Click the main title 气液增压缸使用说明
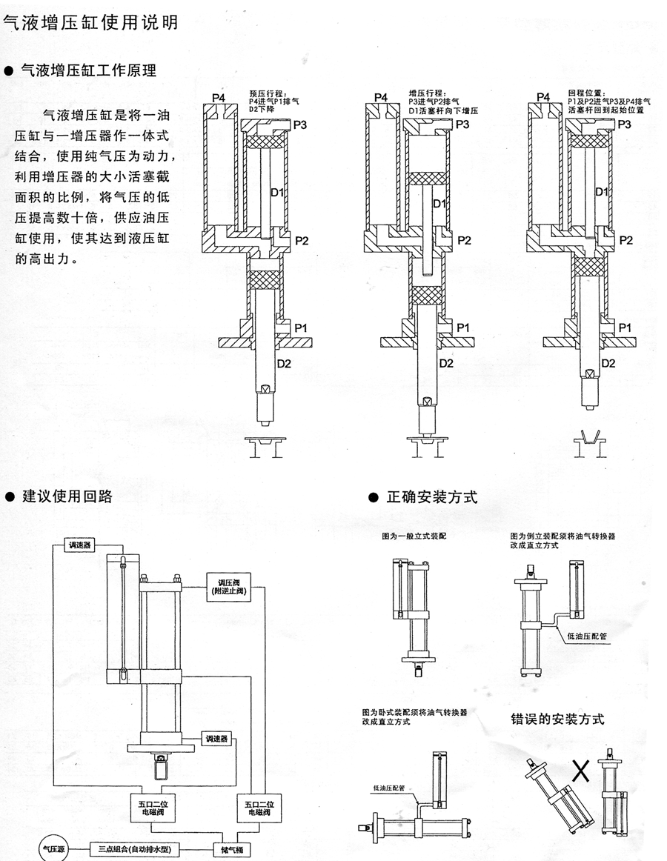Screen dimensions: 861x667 click(90, 23)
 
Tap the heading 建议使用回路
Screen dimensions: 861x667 click(67, 496)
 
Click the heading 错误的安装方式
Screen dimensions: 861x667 click(557, 718)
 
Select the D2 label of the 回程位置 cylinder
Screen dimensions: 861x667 click(608, 363)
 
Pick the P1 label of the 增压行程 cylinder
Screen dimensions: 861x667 click(462, 327)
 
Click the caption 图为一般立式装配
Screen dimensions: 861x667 click(408, 533)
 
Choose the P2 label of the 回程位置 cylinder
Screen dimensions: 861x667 click(625, 240)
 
